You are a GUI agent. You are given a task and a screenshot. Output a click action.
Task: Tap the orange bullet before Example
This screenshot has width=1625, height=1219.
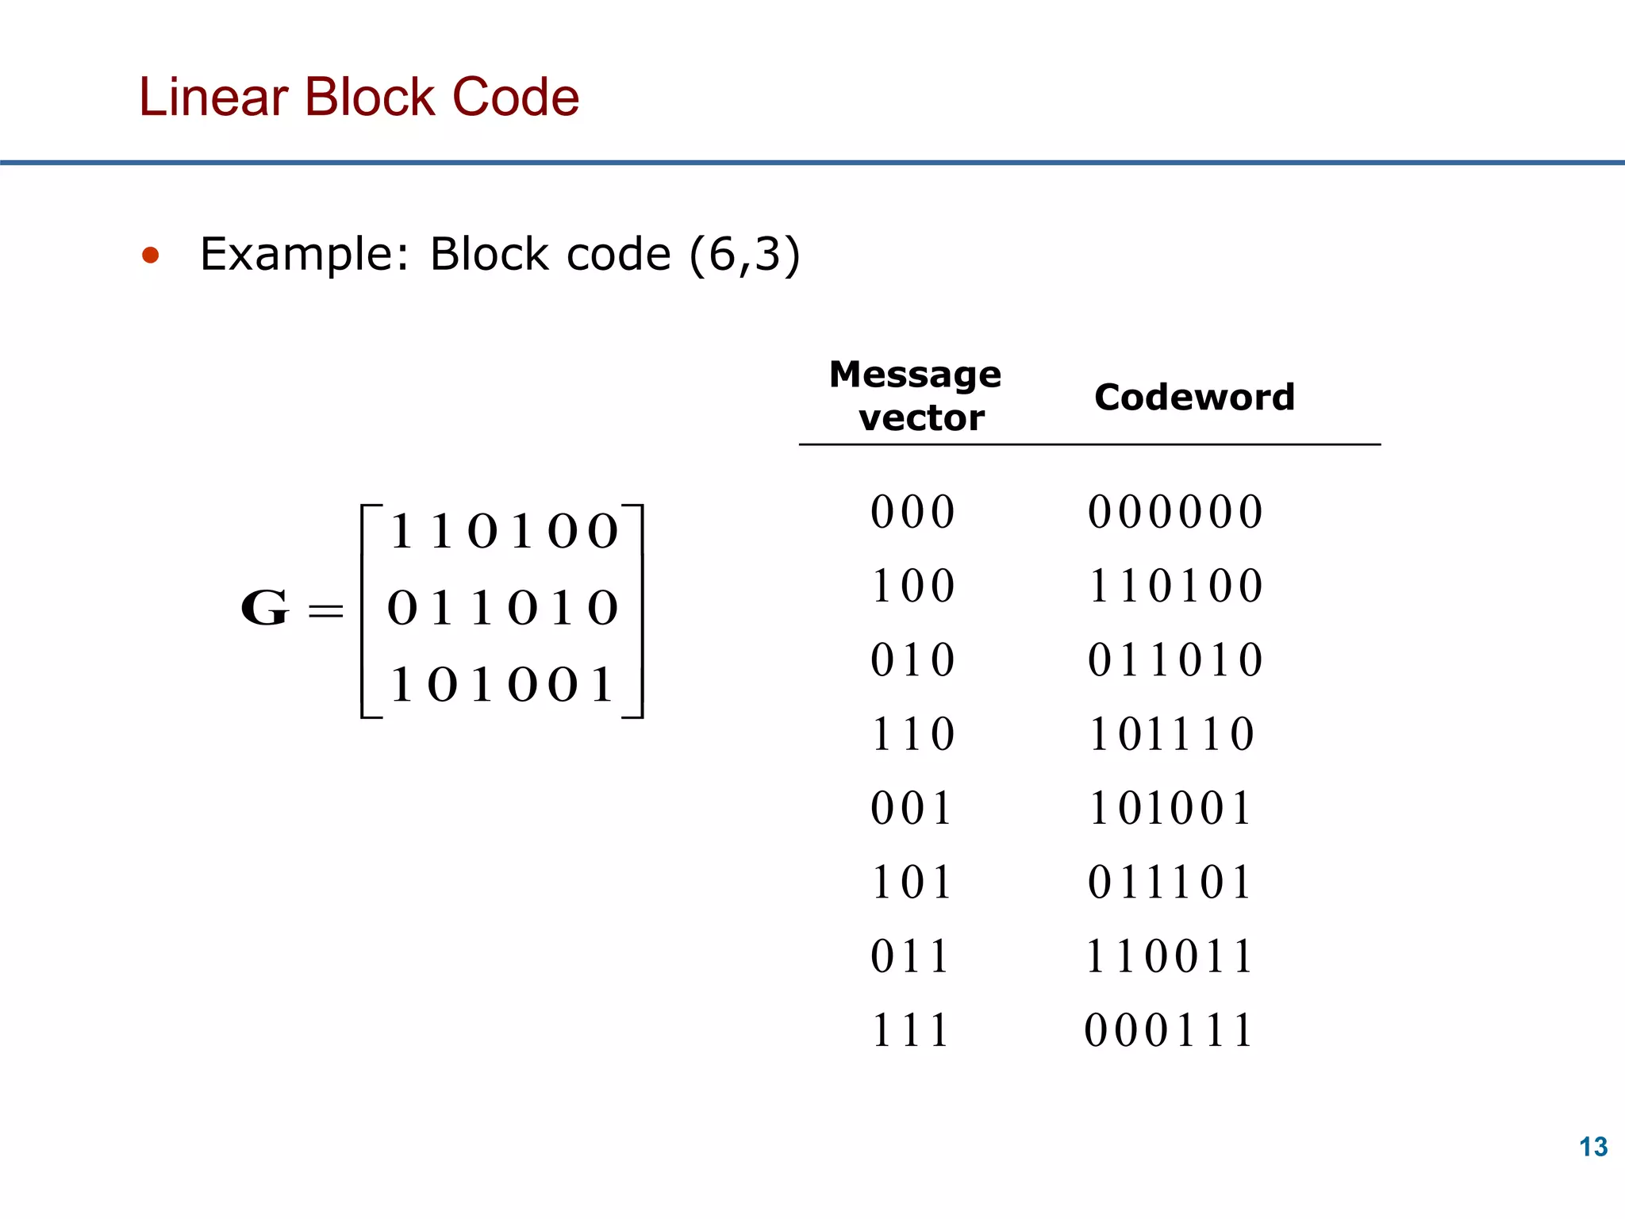point(150,256)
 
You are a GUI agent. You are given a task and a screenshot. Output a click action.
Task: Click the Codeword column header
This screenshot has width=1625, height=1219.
point(1193,397)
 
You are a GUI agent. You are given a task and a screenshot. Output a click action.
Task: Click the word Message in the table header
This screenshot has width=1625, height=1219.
point(915,374)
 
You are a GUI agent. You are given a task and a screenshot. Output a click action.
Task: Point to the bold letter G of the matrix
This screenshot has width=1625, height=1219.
point(264,609)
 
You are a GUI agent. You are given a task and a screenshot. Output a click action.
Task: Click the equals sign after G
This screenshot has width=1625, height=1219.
point(325,610)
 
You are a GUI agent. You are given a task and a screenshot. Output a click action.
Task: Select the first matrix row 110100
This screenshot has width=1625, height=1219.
point(503,531)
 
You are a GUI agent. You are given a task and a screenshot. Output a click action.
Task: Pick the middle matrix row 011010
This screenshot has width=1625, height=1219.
point(502,609)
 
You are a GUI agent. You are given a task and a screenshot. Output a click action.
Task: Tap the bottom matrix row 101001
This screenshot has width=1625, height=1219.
point(502,685)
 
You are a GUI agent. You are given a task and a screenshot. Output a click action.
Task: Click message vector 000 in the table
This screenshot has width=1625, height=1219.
point(912,512)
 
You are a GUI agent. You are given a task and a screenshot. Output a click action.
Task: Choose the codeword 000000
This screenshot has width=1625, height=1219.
point(1175,512)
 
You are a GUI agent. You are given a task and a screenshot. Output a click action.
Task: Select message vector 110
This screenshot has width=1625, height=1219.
point(912,734)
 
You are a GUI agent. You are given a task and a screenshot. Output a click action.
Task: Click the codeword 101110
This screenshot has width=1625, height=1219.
point(1172,734)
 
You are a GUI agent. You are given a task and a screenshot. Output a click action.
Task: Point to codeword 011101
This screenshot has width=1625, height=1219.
point(1170,883)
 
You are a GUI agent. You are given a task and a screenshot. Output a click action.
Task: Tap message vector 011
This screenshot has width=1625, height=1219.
point(910,956)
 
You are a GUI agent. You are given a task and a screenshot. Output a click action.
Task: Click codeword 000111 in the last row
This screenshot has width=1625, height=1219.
point(1169,1031)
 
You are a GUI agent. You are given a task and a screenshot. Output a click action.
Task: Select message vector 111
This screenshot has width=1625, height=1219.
point(910,1031)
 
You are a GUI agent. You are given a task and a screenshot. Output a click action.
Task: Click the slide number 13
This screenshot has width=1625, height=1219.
point(1592,1147)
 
